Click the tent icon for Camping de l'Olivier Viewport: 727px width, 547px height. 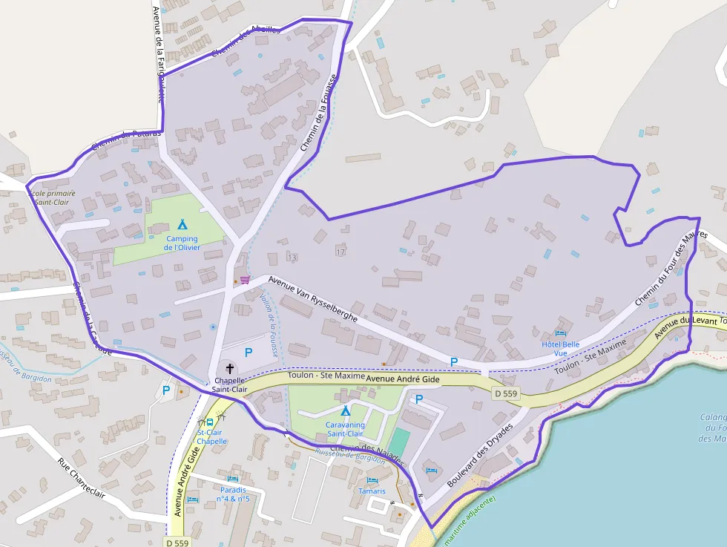182,223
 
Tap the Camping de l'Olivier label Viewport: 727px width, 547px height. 182,243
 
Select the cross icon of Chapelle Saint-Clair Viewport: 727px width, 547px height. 229,368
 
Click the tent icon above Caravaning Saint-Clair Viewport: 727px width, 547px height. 345,410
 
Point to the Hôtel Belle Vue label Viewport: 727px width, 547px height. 561,349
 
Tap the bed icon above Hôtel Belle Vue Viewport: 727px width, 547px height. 560,333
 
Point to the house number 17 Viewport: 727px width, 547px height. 341,252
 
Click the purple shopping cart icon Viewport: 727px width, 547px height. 244,280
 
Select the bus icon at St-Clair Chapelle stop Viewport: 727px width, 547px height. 210,422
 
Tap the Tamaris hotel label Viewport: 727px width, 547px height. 371,491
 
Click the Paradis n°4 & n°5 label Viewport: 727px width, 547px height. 233,494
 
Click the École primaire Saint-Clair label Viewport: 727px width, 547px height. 52,197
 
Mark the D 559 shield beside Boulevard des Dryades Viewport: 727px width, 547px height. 506,393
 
